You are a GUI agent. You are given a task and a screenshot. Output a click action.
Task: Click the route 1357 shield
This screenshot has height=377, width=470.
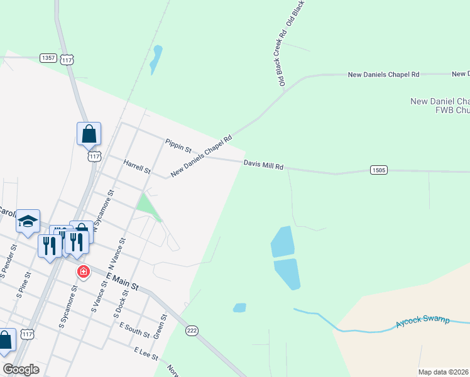click(x=48, y=58)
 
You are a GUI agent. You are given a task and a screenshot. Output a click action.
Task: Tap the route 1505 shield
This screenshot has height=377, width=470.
click(x=379, y=170)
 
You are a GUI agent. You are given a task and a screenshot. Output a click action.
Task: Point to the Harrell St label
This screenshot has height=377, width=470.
click(x=137, y=167)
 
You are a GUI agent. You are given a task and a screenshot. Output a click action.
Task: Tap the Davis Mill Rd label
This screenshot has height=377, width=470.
click(x=264, y=165)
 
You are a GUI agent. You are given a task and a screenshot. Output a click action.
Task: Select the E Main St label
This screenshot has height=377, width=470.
click(x=122, y=281)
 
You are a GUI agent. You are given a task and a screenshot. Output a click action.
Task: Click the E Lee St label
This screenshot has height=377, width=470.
click(x=146, y=353)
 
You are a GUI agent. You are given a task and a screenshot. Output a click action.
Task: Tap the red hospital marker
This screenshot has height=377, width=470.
click(x=82, y=272)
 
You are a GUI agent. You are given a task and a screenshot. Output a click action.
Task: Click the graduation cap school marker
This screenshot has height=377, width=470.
click(x=28, y=221)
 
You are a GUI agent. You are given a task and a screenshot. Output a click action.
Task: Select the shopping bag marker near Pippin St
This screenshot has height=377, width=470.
click(x=89, y=134)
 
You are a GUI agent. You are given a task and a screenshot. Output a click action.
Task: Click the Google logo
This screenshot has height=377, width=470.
click(x=21, y=369)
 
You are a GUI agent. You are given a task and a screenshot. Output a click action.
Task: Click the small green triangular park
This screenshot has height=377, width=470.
click(x=148, y=205)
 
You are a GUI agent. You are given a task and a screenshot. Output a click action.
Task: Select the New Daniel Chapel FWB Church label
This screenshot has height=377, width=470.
click(x=440, y=106)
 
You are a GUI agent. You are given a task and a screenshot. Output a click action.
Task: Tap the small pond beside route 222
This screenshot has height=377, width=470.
click(x=239, y=308)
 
